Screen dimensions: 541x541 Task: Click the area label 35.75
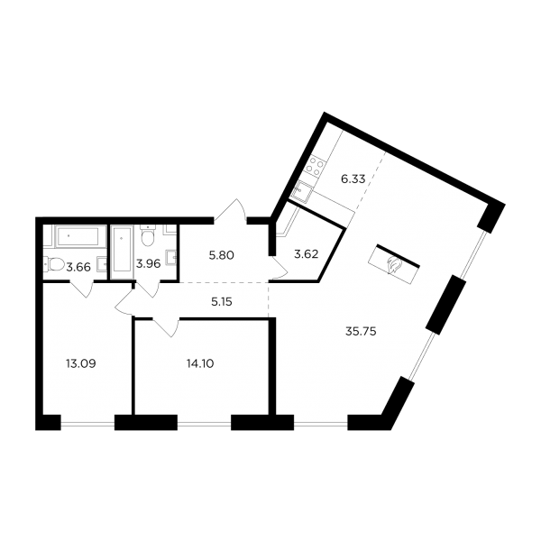click(361, 332)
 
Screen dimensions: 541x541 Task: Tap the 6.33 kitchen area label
click(353, 179)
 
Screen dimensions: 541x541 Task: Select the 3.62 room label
click(306, 254)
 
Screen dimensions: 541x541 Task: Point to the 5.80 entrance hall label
click(222, 256)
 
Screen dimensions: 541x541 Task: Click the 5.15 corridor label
click(222, 302)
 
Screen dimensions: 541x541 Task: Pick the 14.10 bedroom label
click(200, 363)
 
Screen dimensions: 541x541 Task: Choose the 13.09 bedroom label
click(81, 363)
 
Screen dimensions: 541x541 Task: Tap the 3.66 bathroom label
click(78, 267)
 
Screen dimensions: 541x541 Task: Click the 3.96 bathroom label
click(149, 264)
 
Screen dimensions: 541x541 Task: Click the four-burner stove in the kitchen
click(315, 166)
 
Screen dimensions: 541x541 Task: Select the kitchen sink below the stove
click(301, 189)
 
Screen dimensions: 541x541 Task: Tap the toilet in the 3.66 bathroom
click(54, 265)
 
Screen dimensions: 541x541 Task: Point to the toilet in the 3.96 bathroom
click(149, 235)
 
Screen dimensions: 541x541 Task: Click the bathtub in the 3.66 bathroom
click(80, 236)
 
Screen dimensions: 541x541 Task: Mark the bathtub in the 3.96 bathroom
click(122, 252)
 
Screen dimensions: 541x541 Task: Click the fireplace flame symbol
click(394, 265)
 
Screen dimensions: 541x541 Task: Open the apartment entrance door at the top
click(230, 210)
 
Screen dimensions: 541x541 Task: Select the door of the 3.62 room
click(278, 268)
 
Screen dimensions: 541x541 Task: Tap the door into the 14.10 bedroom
click(166, 327)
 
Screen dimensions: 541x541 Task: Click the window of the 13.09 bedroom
click(87, 423)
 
